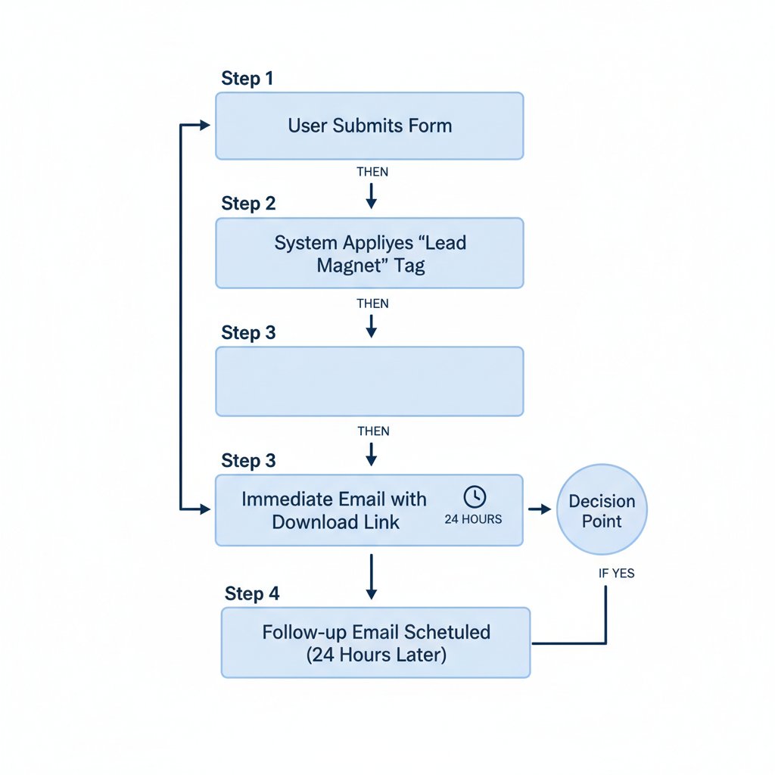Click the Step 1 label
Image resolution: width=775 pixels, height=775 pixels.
pyautogui.click(x=247, y=79)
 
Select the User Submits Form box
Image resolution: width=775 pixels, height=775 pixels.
pyautogui.click(x=369, y=126)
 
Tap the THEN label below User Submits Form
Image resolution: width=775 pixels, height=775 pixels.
pyautogui.click(x=372, y=172)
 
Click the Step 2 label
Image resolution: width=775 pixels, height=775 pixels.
pyautogui.click(x=248, y=204)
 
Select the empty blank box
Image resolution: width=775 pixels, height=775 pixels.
pyautogui.click(x=369, y=381)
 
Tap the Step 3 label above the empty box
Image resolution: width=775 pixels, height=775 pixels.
pyautogui.click(x=248, y=333)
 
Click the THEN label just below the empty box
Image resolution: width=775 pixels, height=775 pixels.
pyautogui.click(x=372, y=431)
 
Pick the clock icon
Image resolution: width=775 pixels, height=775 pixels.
pyautogui.click(x=475, y=496)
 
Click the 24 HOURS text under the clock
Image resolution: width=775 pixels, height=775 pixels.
pyautogui.click(x=473, y=520)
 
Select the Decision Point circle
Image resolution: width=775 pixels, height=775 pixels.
pyautogui.click(x=602, y=510)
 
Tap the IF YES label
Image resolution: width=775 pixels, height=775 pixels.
pyautogui.click(x=616, y=573)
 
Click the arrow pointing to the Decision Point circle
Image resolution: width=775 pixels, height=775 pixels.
pyautogui.click(x=540, y=509)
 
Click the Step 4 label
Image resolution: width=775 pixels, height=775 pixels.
pyautogui.click(x=252, y=594)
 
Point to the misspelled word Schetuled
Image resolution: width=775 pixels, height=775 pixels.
pyautogui.click(x=447, y=632)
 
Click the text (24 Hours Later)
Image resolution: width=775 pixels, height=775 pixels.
pyautogui.click(x=376, y=655)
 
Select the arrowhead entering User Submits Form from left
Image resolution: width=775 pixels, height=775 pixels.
pyautogui.click(x=204, y=126)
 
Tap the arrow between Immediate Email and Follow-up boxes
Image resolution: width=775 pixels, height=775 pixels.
pyautogui.click(x=371, y=577)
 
